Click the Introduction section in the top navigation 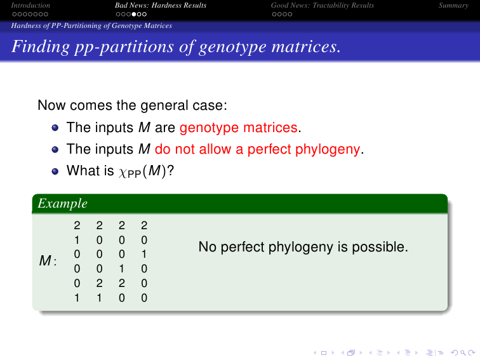click(x=30, y=5)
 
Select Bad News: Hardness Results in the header click(x=161, y=5)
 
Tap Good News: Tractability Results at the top click(x=323, y=5)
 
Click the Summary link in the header click(x=453, y=6)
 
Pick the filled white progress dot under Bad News click(x=133, y=14)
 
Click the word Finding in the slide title click(x=41, y=47)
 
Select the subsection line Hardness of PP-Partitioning click(x=91, y=25)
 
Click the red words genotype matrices click(x=239, y=128)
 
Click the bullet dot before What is click(x=55, y=171)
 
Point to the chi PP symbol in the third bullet click(x=130, y=172)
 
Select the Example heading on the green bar click(x=63, y=204)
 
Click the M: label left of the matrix click(x=48, y=261)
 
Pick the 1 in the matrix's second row click(x=77, y=240)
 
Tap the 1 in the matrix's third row click(x=144, y=255)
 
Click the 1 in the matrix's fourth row click(x=122, y=269)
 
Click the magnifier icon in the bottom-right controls click(x=463, y=353)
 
